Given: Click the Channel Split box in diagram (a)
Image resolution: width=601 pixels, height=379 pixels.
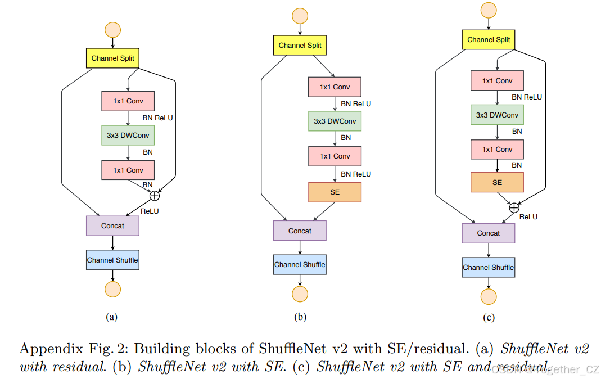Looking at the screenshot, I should [112, 58].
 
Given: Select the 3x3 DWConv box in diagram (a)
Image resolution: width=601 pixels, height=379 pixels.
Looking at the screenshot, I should [128, 135].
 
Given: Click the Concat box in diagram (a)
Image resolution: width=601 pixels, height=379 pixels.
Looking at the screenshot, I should [112, 225].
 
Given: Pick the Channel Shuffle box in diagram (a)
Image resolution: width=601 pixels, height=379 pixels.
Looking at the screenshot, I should [112, 260].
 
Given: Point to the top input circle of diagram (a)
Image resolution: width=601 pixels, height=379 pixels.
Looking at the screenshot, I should [112, 30].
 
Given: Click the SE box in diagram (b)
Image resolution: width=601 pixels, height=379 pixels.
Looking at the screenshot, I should [335, 192].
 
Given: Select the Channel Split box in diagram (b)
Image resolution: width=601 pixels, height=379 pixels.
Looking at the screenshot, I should [300, 45].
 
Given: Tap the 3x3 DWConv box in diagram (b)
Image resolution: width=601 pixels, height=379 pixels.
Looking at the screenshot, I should [335, 121].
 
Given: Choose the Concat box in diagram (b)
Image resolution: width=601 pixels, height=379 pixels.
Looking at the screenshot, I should [300, 231].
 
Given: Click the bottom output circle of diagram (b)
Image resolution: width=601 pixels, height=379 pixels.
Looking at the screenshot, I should [300, 294].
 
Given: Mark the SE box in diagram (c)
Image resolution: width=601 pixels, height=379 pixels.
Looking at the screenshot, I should [497, 182].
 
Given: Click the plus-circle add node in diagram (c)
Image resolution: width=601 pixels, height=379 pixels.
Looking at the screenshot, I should [514, 207].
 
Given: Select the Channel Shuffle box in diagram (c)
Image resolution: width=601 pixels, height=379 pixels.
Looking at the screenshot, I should [488, 267].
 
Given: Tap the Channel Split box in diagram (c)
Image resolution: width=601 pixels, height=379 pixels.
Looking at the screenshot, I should [489, 40].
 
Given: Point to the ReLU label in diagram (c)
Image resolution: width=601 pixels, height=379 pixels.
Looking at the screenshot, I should [528, 216].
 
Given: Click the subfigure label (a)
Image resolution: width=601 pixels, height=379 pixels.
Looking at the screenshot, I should [112, 317].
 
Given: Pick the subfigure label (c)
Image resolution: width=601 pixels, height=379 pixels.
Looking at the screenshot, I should [489, 318].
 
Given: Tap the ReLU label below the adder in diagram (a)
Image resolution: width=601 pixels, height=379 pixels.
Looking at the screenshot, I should [150, 211].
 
